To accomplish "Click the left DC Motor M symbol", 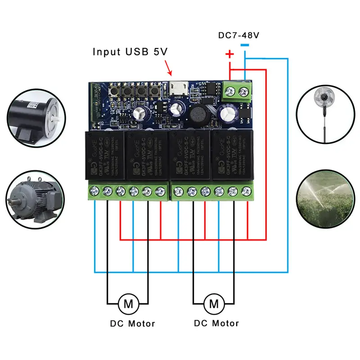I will tap(128, 304).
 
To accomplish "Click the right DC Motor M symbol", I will tap(214, 304).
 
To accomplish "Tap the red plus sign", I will tap(229, 55).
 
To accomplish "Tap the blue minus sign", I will tap(244, 45).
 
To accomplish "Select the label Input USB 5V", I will tap(130, 52).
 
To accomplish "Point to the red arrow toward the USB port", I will tap(169, 68).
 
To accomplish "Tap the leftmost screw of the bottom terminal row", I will tap(94, 191).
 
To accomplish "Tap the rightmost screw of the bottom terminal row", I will tap(246, 191).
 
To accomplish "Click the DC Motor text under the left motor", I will tap(132, 324).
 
